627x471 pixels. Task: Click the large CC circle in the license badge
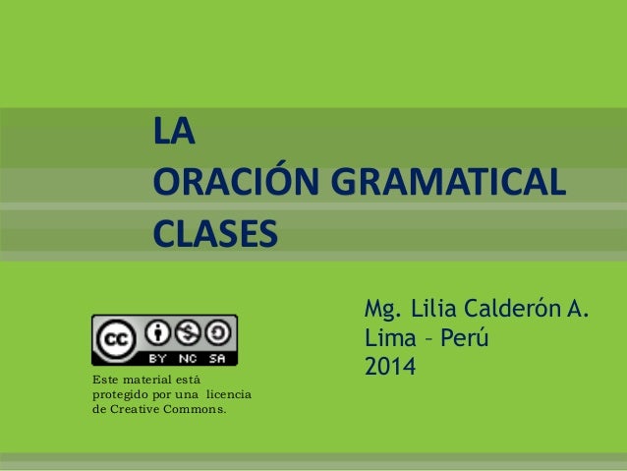coord(116,339)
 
